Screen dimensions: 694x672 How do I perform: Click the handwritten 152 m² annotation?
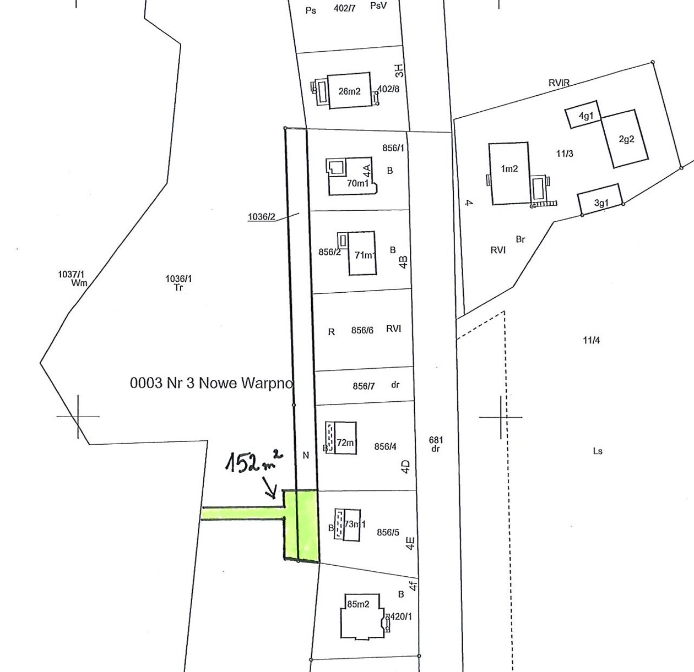(254, 461)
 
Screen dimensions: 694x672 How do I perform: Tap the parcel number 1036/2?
(262, 217)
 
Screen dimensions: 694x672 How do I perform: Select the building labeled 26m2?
(349, 90)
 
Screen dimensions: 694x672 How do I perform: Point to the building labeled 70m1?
(353, 176)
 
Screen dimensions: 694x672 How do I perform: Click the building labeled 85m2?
(362, 617)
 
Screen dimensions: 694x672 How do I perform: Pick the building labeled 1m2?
(509, 173)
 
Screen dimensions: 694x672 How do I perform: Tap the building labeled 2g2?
(624, 139)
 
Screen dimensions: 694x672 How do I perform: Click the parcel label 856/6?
(362, 330)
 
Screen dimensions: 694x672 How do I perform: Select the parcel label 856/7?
(364, 386)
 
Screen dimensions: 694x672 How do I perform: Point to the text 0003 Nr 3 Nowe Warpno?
(212, 383)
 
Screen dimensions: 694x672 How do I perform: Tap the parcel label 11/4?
(591, 340)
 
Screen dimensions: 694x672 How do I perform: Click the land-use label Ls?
(598, 451)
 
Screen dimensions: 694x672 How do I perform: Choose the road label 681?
(436, 440)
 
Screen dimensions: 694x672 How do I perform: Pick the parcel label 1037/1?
(71, 274)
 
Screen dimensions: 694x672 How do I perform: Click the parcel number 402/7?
(344, 8)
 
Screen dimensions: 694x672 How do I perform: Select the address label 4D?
(406, 467)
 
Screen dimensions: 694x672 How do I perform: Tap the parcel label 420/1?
(401, 616)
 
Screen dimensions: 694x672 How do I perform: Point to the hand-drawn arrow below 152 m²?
(269, 488)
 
